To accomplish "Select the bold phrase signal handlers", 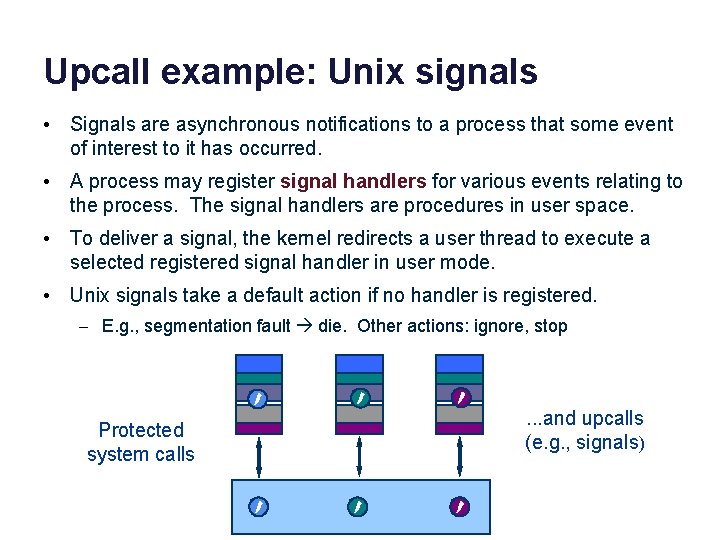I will coord(354,181).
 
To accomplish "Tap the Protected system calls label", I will coord(141,442).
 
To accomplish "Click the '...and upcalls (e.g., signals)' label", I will coord(584,430).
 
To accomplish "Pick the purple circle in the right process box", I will coord(459,398).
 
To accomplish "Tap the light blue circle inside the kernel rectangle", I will coord(258,506).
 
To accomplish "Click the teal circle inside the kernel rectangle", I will coord(359,506).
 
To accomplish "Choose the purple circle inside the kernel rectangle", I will coord(459,506).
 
